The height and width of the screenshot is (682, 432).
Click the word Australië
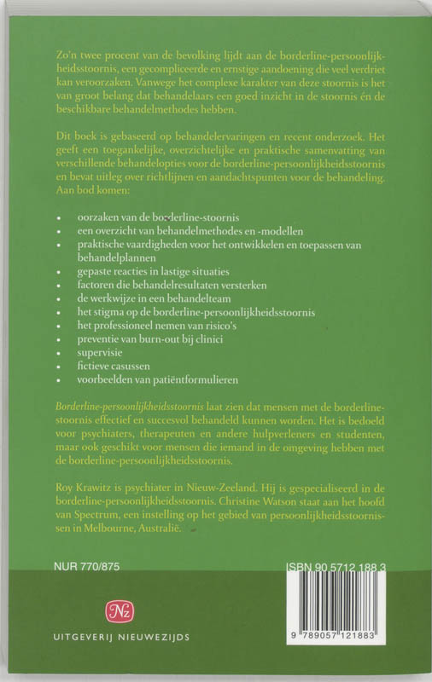point(180,529)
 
